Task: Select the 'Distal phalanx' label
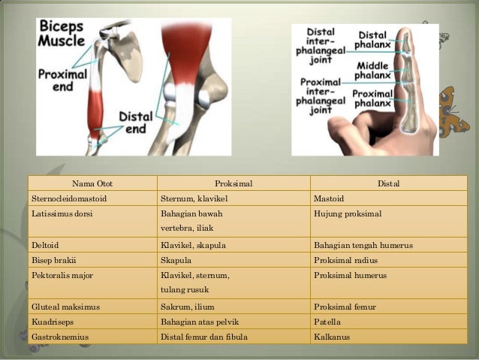372,41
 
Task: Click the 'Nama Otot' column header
92,183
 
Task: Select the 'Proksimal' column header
233,183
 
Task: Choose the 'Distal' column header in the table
388,183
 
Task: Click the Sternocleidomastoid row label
69,199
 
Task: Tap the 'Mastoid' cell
328,199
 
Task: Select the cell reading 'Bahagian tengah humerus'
363,245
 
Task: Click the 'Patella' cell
327,322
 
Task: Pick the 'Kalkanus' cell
331,337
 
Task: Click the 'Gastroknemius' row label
60,337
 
